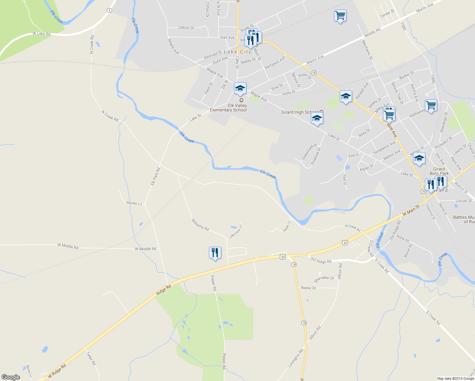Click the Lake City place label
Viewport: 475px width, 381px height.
237,52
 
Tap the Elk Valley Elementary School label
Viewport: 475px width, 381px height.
228,108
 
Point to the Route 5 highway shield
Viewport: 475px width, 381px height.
110,10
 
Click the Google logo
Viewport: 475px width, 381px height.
11,377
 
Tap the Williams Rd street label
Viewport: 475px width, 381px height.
200,224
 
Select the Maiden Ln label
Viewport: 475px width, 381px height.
134,203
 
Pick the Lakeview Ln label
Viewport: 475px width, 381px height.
235,232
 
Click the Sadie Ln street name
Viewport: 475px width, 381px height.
287,226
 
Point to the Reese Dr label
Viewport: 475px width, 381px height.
308,288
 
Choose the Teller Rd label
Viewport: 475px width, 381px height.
91,358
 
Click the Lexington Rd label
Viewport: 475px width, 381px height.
296,358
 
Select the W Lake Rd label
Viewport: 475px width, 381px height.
41,34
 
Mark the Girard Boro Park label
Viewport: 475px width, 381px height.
439,171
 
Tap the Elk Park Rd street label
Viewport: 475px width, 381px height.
155,177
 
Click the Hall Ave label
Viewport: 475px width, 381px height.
227,37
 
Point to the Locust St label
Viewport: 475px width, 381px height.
464,201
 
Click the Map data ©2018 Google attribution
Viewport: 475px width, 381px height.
455,378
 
